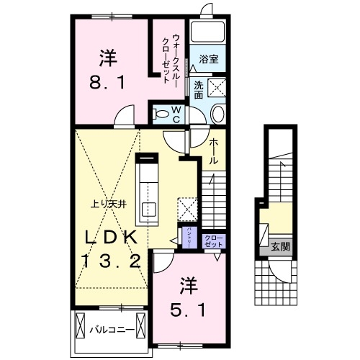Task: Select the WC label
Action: point(176,114)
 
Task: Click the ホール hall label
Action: point(214,152)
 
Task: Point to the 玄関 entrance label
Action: point(279,247)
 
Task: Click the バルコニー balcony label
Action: point(108,330)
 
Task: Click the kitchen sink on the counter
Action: point(148,211)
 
